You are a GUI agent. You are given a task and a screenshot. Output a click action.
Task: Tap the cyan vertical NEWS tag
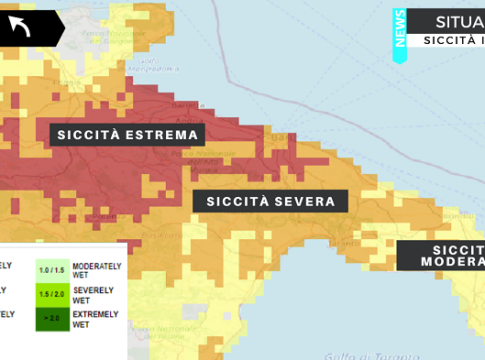click(x=400, y=36)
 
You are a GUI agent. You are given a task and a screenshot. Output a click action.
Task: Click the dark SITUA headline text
click(x=456, y=21)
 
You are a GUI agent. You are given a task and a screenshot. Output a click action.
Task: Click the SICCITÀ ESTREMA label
click(x=126, y=134)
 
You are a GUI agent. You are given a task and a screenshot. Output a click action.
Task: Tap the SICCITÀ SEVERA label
click(x=270, y=201)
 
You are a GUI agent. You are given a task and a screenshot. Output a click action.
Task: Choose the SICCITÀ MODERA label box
click(x=442, y=255)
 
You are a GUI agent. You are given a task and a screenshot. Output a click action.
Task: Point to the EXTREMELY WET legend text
click(x=96, y=319)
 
